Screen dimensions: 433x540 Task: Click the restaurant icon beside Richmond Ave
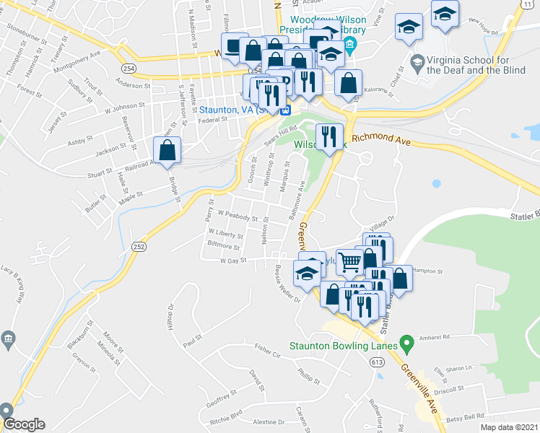click(330, 136)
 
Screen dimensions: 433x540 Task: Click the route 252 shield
click(137, 246)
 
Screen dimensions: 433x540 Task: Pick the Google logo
click(23, 424)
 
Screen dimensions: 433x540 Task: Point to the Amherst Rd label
click(435, 336)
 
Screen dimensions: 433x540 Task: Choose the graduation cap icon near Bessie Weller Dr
click(307, 274)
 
